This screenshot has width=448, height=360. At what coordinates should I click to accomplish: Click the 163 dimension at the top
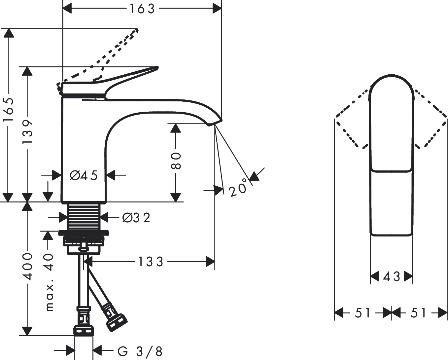142,9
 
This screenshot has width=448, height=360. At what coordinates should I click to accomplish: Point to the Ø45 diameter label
84,175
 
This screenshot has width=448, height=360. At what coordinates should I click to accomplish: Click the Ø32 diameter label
136,217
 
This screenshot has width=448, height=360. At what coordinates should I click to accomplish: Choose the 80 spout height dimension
176,161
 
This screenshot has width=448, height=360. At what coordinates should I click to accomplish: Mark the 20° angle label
238,187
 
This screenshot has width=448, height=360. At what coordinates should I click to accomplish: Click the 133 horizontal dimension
150,262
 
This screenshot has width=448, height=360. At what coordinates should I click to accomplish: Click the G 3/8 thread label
140,351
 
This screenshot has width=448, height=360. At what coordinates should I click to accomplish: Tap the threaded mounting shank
84,217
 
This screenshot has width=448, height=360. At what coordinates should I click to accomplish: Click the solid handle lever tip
156,68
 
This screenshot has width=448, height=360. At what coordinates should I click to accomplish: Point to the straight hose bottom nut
83,330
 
